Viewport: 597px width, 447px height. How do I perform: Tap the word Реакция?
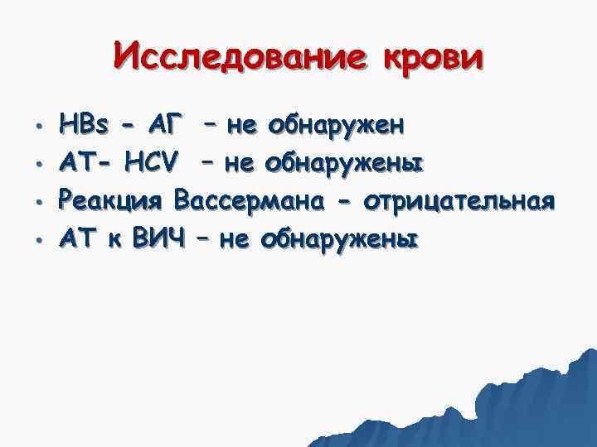111,200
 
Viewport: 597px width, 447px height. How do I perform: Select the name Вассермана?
254,200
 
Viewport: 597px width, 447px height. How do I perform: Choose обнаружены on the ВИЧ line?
339,238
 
